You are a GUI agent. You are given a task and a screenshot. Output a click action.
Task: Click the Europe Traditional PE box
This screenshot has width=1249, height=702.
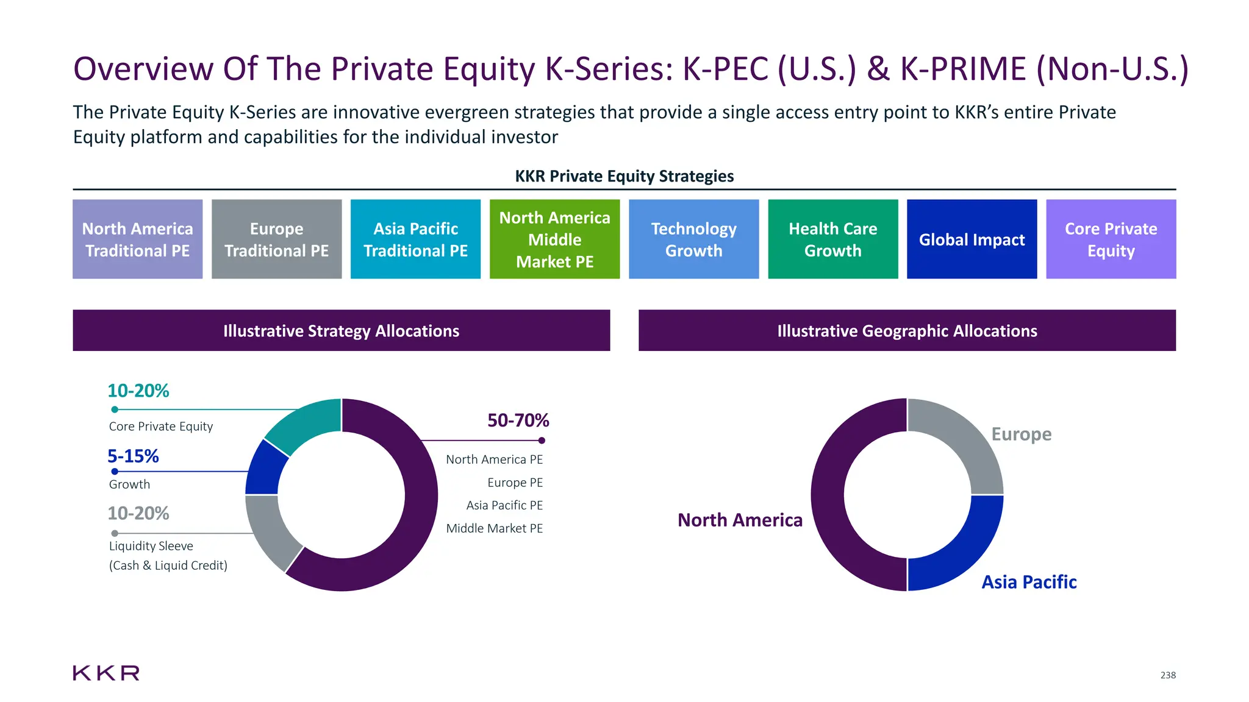click(x=276, y=239)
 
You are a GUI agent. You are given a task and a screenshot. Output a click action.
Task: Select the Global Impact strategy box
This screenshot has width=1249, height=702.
click(x=972, y=239)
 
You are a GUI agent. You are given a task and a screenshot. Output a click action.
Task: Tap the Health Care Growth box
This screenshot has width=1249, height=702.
click(x=832, y=239)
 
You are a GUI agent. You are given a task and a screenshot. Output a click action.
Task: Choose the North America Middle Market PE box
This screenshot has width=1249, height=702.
click(x=554, y=239)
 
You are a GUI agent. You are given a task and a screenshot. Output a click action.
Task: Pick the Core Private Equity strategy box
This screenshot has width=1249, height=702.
click(x=1111, y=239)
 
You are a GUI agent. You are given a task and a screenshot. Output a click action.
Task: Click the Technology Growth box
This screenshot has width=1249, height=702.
click(x=693, y=239)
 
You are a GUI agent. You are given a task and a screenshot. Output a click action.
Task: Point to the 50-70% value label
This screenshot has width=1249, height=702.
click(x=518, y=420)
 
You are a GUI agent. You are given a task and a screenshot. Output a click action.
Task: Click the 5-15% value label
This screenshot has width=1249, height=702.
click(x=133, y=456)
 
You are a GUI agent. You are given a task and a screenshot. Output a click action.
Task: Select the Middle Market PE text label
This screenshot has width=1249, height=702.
click(x=494, y=528)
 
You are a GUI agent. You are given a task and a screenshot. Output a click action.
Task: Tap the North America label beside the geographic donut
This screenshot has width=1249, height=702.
click(x=740, y=520)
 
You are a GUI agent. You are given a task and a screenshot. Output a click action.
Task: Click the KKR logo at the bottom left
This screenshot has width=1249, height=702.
click(x=106, y=673)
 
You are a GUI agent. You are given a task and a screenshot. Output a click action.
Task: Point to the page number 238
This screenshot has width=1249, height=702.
click(x=1168, y=675)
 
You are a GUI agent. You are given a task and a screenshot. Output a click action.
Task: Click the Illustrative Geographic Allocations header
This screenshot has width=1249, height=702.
click(x=907, y=331)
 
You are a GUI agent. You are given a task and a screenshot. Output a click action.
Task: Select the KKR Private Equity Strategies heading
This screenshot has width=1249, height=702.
click(x=624, y=176)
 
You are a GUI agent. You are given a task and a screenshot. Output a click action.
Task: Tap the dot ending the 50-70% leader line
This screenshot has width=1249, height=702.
click(x=542, y=441)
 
